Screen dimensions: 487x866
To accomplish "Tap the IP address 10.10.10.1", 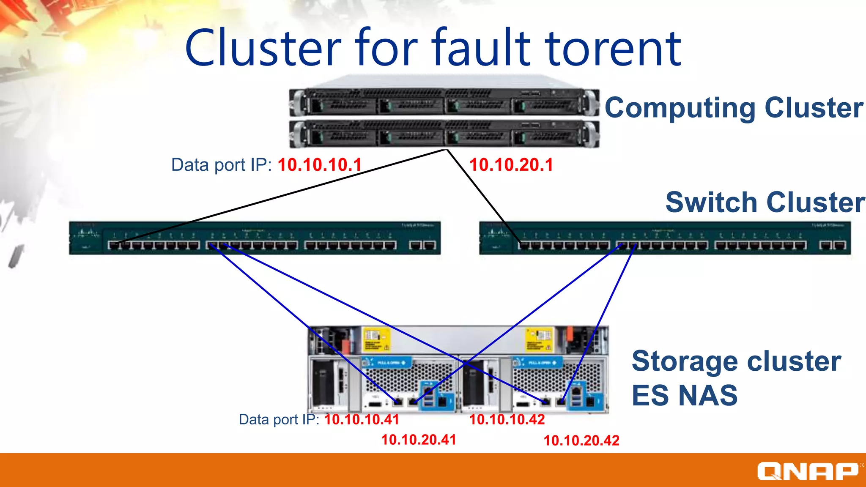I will (320, 165).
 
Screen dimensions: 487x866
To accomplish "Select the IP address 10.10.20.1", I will (511, 165).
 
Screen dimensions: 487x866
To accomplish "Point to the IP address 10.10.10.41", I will (362, 419).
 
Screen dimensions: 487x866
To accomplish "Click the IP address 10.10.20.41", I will (419, 440).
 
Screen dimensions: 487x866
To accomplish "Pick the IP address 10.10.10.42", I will (507, 419).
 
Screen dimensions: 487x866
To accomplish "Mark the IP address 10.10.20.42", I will (581, 440).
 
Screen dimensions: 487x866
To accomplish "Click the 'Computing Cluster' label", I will (734, 108).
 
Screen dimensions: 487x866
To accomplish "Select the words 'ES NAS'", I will (684, 395).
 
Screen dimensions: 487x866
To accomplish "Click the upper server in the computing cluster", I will (444, 101).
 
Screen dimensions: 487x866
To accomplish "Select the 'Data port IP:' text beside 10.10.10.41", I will (279, 419).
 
